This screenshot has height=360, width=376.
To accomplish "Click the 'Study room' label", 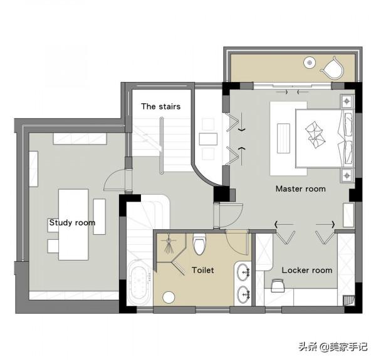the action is pyautogui.click(x=72, y=223).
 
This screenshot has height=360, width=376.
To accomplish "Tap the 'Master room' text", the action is pyautogui.click(x=301, y=188).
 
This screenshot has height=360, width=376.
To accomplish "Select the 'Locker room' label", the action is pyautogui.click(x=307, y=270).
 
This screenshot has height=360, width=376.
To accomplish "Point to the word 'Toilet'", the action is pyautogui.click(x=203, y=270).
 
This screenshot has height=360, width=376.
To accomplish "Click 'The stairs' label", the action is pyautogui.click(x=160, y=106).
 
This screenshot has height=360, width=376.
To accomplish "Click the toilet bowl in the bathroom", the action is pyautogui.click(x=199, y=244).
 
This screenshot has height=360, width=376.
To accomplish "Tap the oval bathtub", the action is pyautogui.click(x=140, y=282).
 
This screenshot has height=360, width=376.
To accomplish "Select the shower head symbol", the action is pyautogui.click(x=169, y=244).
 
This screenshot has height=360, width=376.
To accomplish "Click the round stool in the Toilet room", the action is pyautogui.click(x=169, y=297).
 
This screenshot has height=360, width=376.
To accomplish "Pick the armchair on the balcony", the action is pyautogui.click(x=332, y=68).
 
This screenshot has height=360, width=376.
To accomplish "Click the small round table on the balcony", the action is pyautogui.click(x=310, y=63).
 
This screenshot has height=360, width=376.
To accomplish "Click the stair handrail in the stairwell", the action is pyautogui.click(x=162, y=145).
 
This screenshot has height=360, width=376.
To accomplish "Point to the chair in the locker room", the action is pyautogui.click(x=278, y=285).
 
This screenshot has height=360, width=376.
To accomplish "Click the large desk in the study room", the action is pyautogui.click(x=73, y=224).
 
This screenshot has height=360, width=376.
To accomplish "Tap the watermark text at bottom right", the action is pyautogui.click(x=333, y=346).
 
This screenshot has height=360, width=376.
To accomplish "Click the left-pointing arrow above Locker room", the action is pyautogui.click(x=284, y=224).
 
